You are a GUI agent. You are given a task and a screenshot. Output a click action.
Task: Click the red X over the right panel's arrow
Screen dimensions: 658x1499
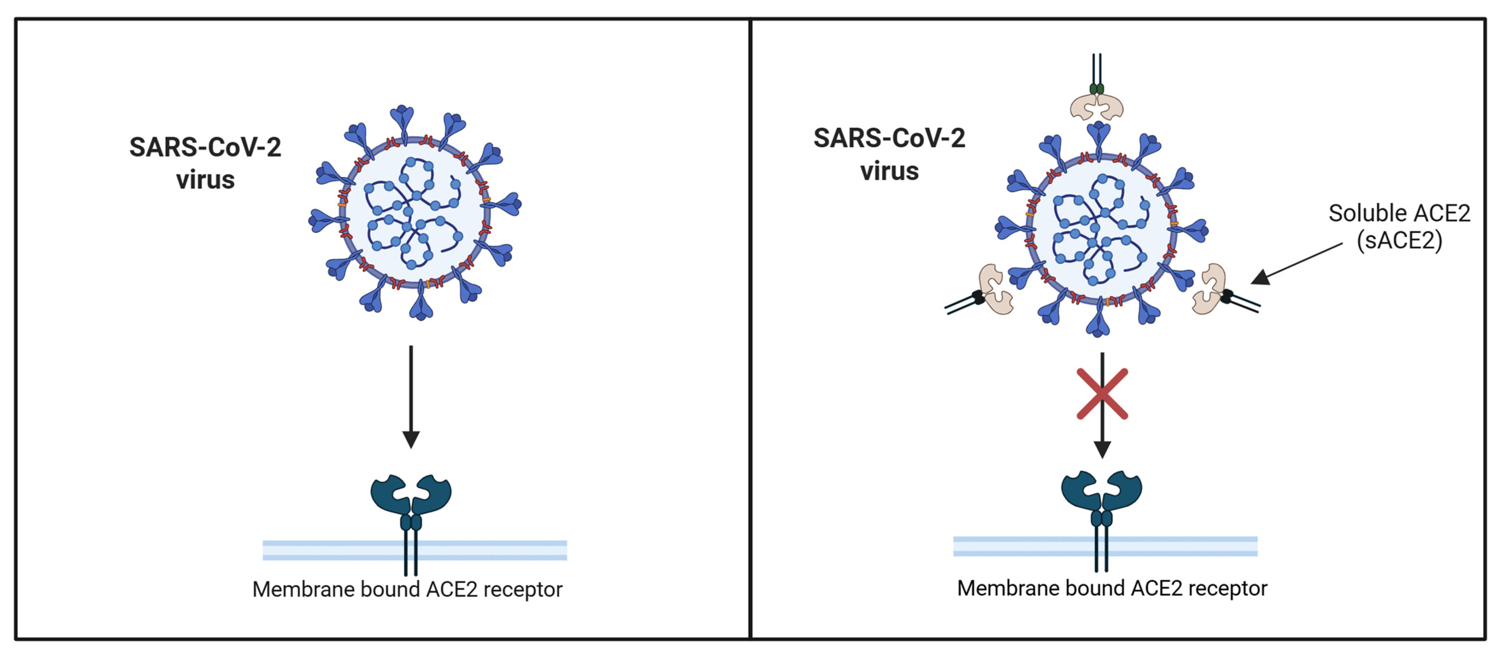1102,394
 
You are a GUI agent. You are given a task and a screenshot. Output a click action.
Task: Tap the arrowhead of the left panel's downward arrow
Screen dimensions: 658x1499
411,439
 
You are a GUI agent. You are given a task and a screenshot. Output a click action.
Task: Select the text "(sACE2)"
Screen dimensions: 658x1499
1399,240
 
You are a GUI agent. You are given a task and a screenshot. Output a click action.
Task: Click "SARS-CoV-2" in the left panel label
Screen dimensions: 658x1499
205,147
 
